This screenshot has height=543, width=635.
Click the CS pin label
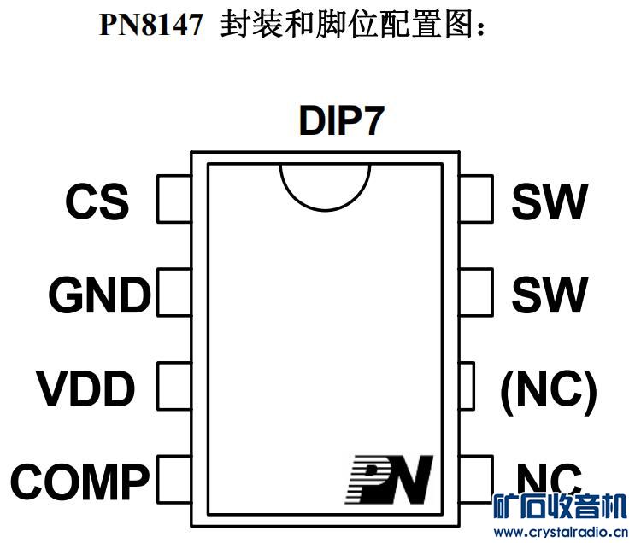(x=97, y=202)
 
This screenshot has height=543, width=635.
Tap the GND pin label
(x=99, y=296)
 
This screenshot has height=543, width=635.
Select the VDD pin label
(x=85, y=389)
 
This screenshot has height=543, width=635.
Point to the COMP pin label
(x=79, y=482)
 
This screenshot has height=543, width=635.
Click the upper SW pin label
(x=550, y=202)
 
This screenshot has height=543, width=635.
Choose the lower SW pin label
(x=550, y=295)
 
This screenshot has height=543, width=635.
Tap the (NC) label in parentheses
(x=548, y=389)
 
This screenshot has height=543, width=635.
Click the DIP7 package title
(x=341, y=122)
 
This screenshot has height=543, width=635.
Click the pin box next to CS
(x=173, y=199)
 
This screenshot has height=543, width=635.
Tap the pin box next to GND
(x=173, y=292)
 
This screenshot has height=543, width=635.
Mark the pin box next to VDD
(x=173, y=385)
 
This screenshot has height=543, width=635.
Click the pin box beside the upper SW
(x=476, y=199)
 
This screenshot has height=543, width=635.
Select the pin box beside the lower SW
(x=476, y=292)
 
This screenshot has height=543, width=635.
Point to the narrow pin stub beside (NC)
(x=467, y=385)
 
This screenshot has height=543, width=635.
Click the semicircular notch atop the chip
(x=325, y=184)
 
